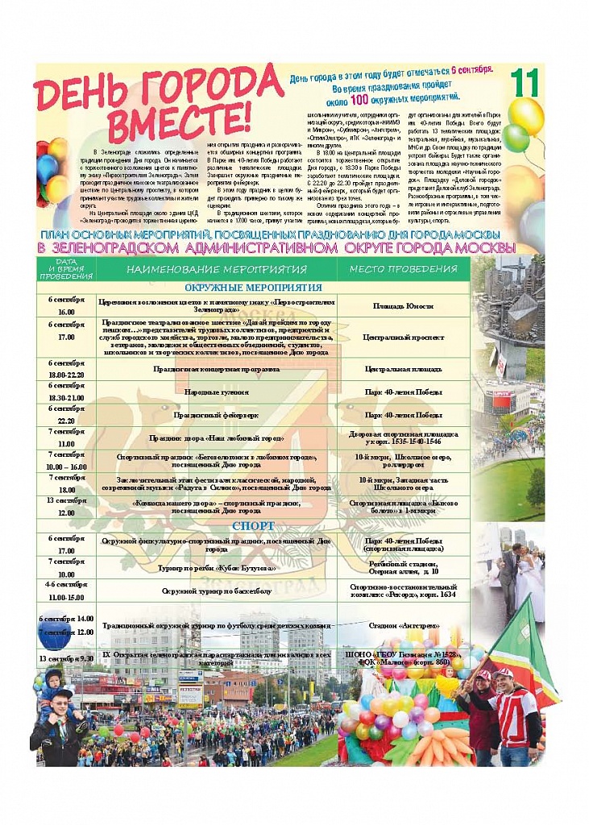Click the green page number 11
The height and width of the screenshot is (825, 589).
click(525, 83)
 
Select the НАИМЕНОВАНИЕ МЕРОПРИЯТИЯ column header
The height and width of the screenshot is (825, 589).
click(216, 269)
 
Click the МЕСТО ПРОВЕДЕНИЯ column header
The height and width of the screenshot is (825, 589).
click(403, 269)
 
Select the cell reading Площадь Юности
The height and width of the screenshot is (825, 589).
click(403, 306)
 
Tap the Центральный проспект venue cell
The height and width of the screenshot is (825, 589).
click(403, 338)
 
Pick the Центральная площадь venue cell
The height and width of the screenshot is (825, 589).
click(403, 369)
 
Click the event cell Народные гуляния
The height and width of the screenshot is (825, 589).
click(216, 392)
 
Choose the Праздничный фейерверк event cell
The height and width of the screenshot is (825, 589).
click(216, 415)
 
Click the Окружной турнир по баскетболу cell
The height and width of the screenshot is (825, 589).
click(216, 591)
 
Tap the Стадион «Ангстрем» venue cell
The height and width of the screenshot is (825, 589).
click(403, 624)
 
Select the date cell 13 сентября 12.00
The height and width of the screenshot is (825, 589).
click(66, 506)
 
